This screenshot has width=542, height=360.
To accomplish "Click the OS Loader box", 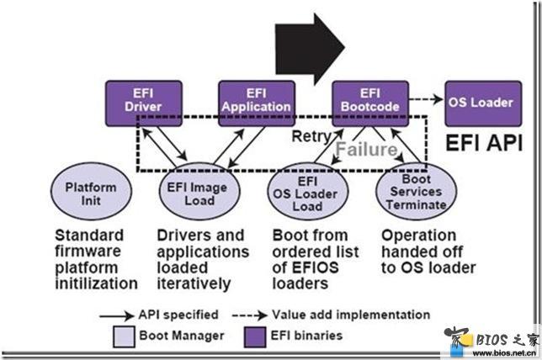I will (x=479, y=103).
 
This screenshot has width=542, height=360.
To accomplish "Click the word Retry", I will (x=309, y=135).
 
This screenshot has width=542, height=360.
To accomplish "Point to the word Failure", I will (x=367, y=150).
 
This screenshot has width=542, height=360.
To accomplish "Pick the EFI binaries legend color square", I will (x=250, y=335).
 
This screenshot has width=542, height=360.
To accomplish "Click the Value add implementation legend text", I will (x=351, y=315).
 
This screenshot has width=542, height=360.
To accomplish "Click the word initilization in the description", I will (x=96, y=284).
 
